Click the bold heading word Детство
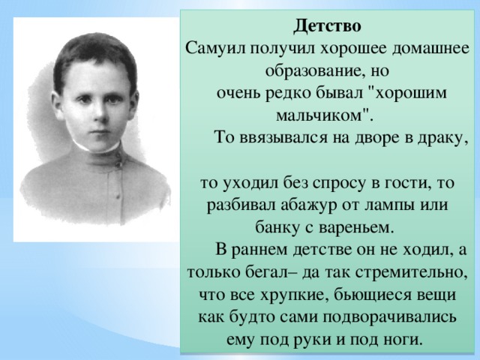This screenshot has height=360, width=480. [x=327, y=26]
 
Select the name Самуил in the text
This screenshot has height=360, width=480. [x=215, y=48]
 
